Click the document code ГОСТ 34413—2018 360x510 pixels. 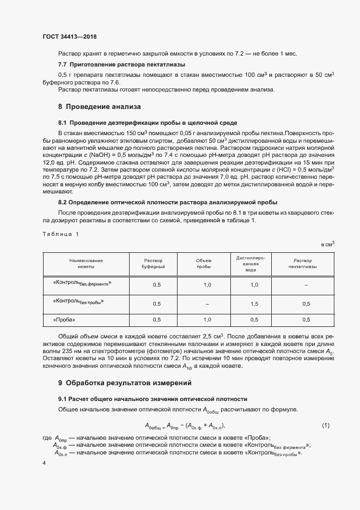click(69, 37)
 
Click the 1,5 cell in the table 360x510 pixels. click(254, 303)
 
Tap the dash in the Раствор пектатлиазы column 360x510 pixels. click(306, 284)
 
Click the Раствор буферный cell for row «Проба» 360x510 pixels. click(157, 320)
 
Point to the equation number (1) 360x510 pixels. click(325, 425)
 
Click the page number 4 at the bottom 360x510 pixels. click(44, 462)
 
